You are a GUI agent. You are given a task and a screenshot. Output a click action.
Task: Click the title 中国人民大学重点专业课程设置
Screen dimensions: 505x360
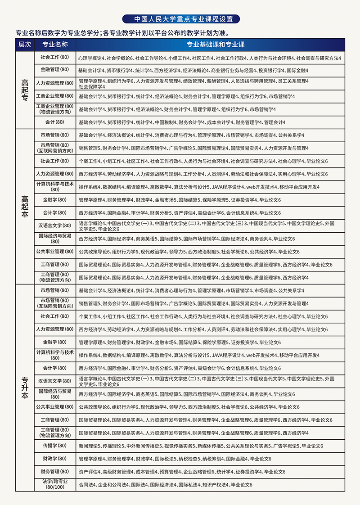click(x=180, y=19)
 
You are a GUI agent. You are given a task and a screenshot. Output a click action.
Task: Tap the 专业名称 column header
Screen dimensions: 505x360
click(x=55, y=45)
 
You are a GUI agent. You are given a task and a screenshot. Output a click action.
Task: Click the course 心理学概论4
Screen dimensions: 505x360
click(x=91, y=58)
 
